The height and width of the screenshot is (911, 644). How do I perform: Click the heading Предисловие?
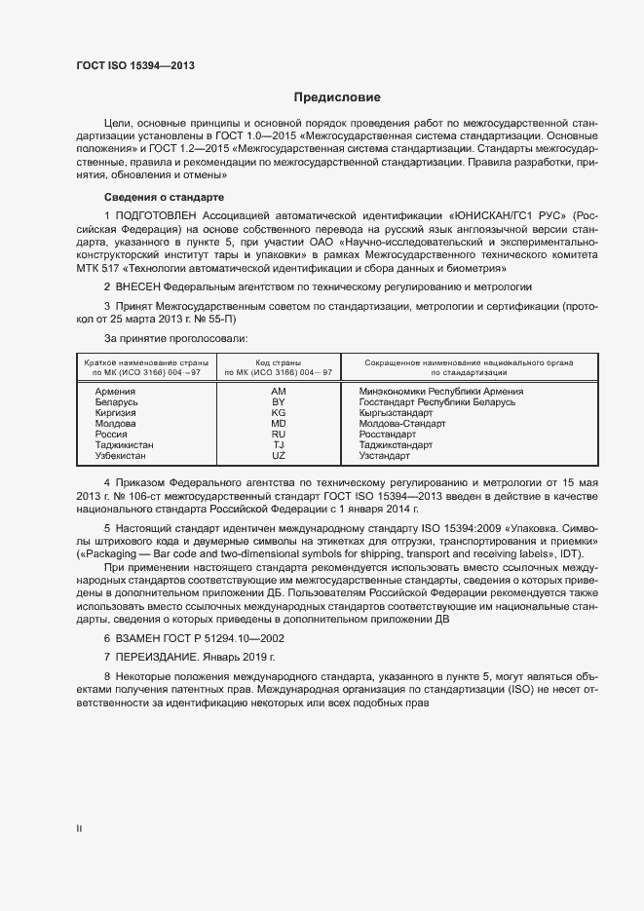tap(337, 97)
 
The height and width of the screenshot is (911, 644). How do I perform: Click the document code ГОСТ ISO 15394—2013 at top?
tap(135, 65)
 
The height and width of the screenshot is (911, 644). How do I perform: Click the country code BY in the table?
tap(279, 401)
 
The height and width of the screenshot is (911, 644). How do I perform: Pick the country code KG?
tap(279, 412)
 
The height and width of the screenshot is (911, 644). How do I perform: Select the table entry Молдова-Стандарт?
tap(401, 424)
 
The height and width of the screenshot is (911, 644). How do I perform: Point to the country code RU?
tap(279, 435)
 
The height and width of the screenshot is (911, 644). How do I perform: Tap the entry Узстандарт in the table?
tap(384, 456)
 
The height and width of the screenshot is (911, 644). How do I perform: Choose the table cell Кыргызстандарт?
tap(397, 412)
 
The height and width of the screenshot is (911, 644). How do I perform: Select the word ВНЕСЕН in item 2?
tap(136, 287)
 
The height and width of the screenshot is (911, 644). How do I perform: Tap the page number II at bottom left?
tap(79, 828)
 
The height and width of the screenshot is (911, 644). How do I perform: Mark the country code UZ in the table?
tap(279, 456)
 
